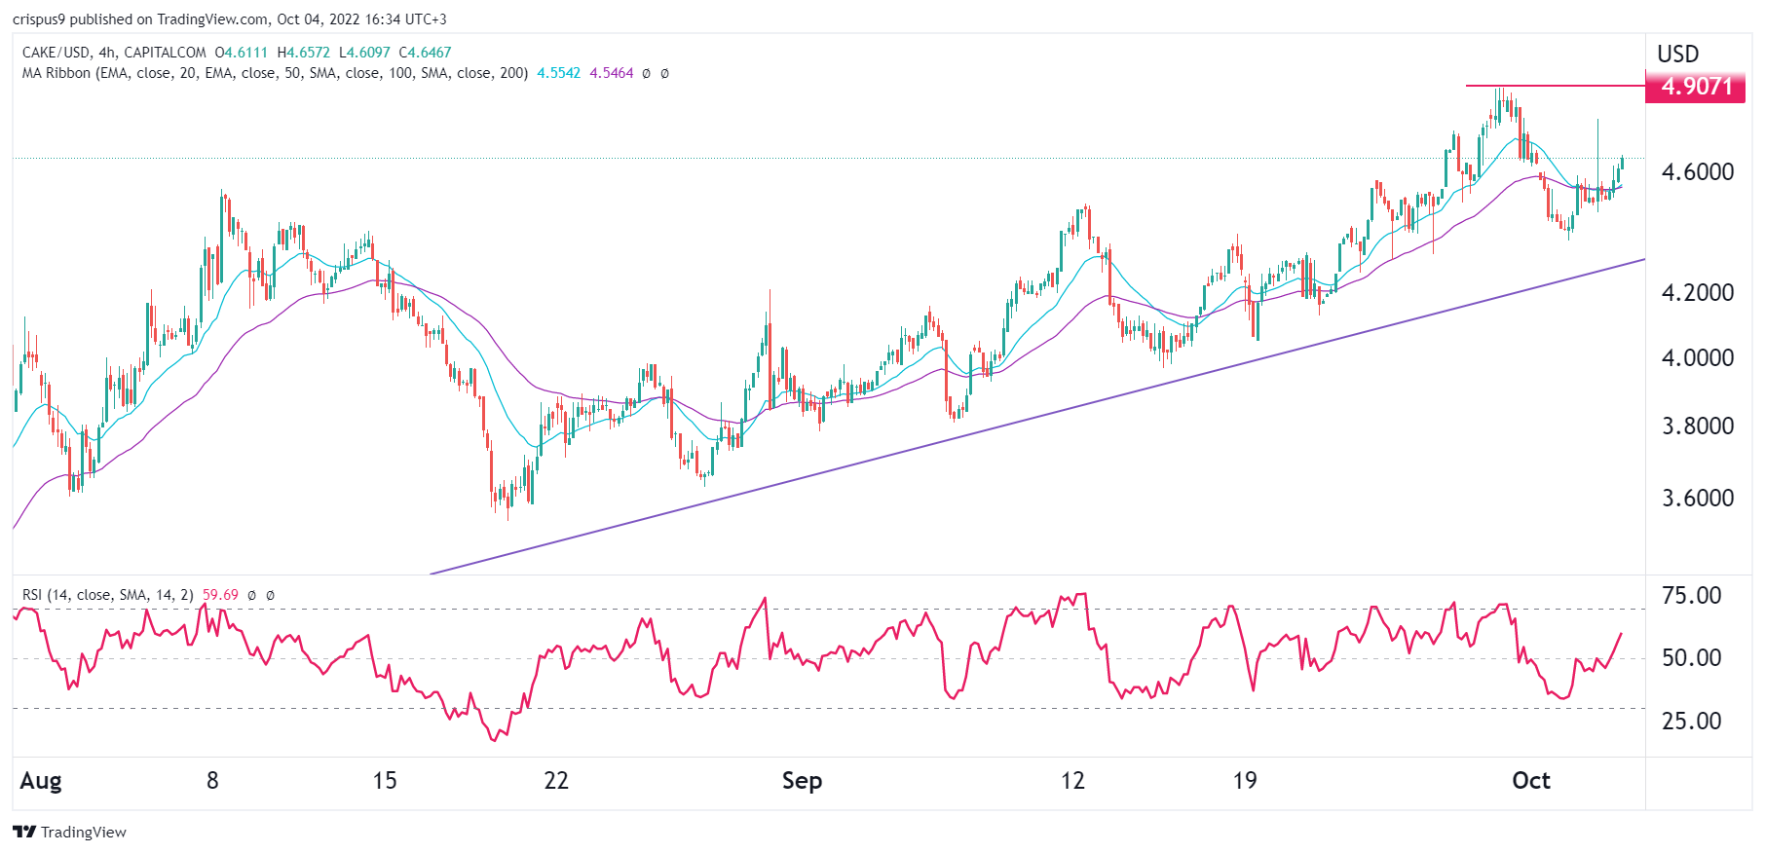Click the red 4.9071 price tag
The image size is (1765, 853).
[1695, 87]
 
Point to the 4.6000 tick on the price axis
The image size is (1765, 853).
[1697, 172]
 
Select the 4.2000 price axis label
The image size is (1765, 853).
[1697, 293]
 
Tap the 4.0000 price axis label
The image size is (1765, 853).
[1697, 358]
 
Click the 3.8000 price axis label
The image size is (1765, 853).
[1697, 426]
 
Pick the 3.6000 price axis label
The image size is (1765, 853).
[1697, 499]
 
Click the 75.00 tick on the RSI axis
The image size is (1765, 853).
[1691, 596]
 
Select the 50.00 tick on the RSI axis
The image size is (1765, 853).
[1691, 658]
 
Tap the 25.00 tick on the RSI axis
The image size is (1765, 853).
[1691, 722]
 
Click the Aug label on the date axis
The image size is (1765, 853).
[41, 781]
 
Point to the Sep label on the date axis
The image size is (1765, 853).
[802, 781]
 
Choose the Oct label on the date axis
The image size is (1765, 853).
[1530, 781]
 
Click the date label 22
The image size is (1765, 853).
[555, 781]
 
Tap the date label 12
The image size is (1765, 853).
[1071, 781]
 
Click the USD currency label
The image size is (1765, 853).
[1677, 55]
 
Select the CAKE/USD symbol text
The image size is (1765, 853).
[56, 53]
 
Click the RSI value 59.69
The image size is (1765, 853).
[220, 595]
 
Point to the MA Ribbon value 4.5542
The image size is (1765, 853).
[558, 73]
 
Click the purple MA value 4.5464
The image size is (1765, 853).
[611, 73]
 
